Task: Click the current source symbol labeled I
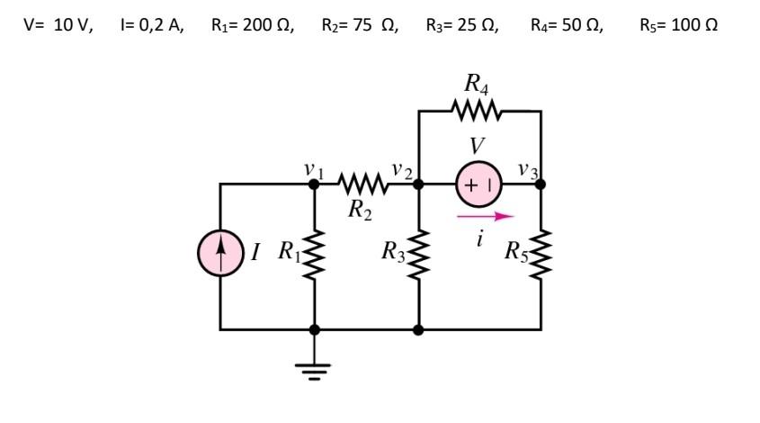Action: tap(221, 253)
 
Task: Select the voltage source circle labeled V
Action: tap(479, 184)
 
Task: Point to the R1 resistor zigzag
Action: tap(314, 256)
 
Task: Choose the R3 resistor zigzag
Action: tap(418, 256)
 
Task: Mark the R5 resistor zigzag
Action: tap(541, 256)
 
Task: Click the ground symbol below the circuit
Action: tap(314, 369)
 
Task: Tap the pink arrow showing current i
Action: tap(485, 216)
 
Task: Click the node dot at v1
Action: tap(314, 184)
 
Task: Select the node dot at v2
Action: tap(418, 184)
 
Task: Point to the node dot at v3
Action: tap(541, 184)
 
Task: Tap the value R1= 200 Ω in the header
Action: tap(252, 24)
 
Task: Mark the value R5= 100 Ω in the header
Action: tap(678, 24)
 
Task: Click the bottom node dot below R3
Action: tap(418, 329)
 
